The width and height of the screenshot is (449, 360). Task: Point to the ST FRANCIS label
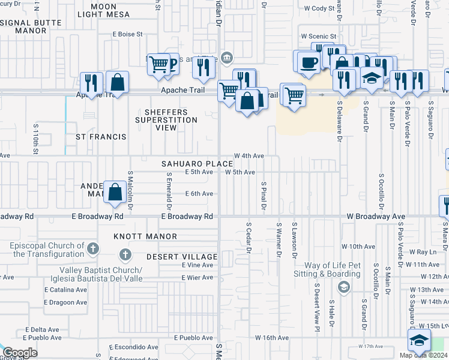[101, 137]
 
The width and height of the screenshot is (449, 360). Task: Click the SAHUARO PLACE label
[196, 164]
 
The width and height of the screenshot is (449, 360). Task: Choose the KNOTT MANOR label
[145, 237]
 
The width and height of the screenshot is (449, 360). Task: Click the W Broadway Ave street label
[375, 216]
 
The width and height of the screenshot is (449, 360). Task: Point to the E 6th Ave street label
[199, 193]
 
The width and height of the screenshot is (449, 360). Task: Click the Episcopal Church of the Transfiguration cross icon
[92, 248]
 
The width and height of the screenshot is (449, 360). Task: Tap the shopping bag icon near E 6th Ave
[115, 192]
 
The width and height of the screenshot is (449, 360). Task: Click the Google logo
[20, 352]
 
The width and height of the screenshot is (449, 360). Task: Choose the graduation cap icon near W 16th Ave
[419, 340]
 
